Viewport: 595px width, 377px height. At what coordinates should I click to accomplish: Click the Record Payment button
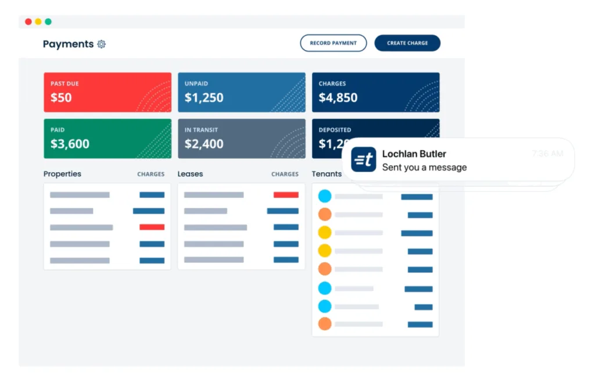333,43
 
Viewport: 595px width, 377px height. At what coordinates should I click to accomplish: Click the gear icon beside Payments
102,44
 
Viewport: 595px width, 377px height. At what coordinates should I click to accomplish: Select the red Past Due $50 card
107,92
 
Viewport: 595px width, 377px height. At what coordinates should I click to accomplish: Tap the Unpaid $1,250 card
241,92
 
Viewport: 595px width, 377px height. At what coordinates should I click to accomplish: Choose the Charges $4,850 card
375,92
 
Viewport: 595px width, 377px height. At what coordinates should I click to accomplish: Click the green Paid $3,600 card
107,138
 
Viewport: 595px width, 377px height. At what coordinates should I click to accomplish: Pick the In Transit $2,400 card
241,138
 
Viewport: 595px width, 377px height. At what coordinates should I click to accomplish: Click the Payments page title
68,44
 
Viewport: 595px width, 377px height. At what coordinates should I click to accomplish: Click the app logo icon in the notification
364,159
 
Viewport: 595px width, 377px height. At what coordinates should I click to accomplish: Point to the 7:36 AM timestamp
547,154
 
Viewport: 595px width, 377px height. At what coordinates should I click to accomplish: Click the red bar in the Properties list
152,227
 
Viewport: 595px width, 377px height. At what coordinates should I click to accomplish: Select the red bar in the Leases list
286,195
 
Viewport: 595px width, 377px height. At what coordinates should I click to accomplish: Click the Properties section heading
62,174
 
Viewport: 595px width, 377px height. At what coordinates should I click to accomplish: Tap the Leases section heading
190,174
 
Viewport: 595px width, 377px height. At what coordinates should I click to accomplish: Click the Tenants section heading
327,174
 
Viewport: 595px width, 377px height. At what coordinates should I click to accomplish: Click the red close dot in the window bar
28,22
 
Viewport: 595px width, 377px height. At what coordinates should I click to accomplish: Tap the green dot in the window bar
48,22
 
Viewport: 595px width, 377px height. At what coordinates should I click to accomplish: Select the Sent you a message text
424,168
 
